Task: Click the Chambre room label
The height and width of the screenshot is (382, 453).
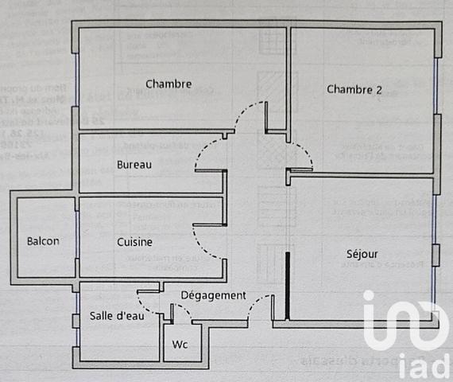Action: pyautogui.click(x=168, y=84)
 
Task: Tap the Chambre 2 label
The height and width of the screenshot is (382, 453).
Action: pyautogui.click(x=354, y=89)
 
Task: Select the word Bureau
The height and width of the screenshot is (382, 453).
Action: pyautogui.click(x=134, y=165)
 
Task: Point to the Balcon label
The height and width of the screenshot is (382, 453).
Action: pyautogui.click(x=42, y=241)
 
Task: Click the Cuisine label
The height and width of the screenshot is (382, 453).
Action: pyautogui.click(x=134, y=241)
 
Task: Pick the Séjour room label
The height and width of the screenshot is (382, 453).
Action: pyautogui.click(x=362, y=254)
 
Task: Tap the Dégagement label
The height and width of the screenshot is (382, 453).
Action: pyautogui.click(x=213, y=295)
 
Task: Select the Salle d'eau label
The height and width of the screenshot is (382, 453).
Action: pyautogui.click(x=117, y=316)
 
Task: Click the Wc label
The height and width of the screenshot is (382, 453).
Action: pyautogui.click(x=180, y=346)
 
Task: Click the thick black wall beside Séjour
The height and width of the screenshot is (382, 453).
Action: pyautogui.click(x=286, y=284)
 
